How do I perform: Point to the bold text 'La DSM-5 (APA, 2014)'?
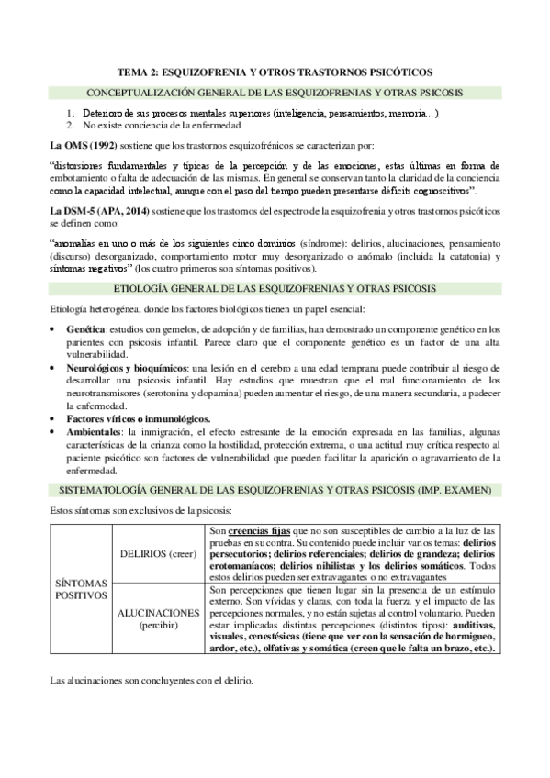pyautogui.click(x=95, y=211)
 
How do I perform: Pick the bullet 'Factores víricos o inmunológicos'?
pyautogui.click(x=139, y=417)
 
